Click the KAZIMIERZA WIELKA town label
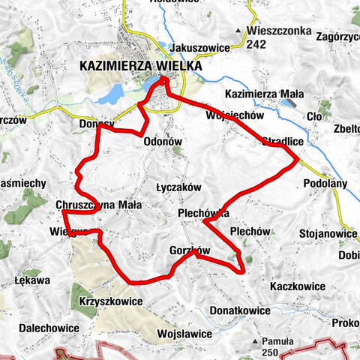coord(140,66)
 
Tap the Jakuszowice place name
coord(199,47)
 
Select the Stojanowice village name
coord(328,233)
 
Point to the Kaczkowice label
coord(298,286)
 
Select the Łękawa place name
coord(32,281)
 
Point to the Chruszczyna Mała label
coord(98,204)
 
